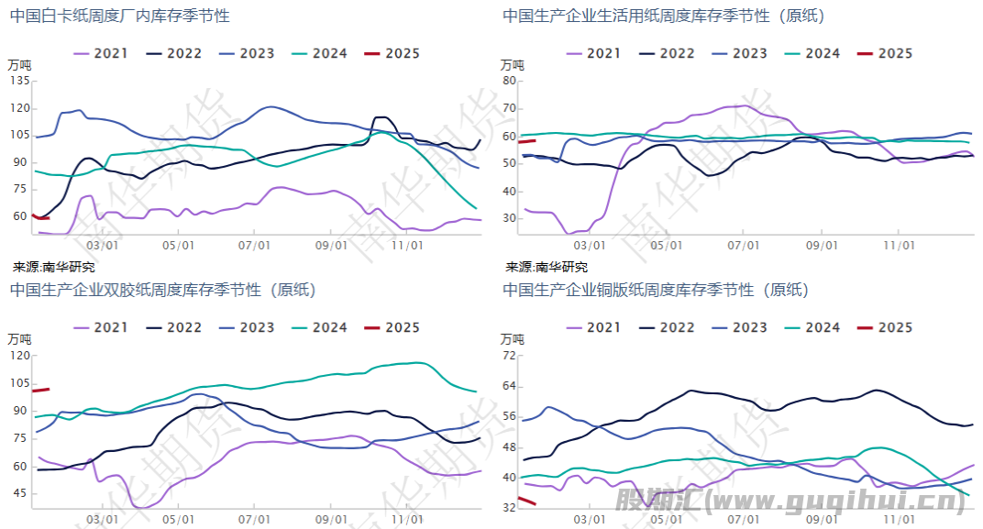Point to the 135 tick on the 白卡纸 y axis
pos(19,81)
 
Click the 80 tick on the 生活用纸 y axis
pos(510,81)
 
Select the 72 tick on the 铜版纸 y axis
pos(510,356)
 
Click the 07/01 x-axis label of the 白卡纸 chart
pos(254,246)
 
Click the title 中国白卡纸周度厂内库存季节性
pos(120,16)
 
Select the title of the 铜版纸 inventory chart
pos(656,290)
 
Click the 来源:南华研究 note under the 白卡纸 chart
pos(53,267)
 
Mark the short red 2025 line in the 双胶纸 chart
pos(41,391)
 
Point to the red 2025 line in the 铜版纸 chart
pos(526,501)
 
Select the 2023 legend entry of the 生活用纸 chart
pos(739,53)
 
